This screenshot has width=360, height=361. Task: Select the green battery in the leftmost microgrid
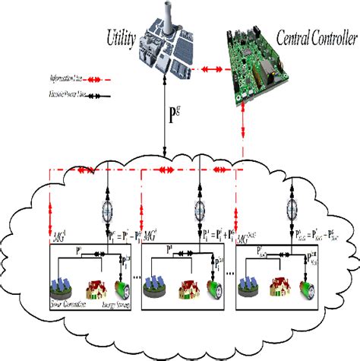[119, 287]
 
